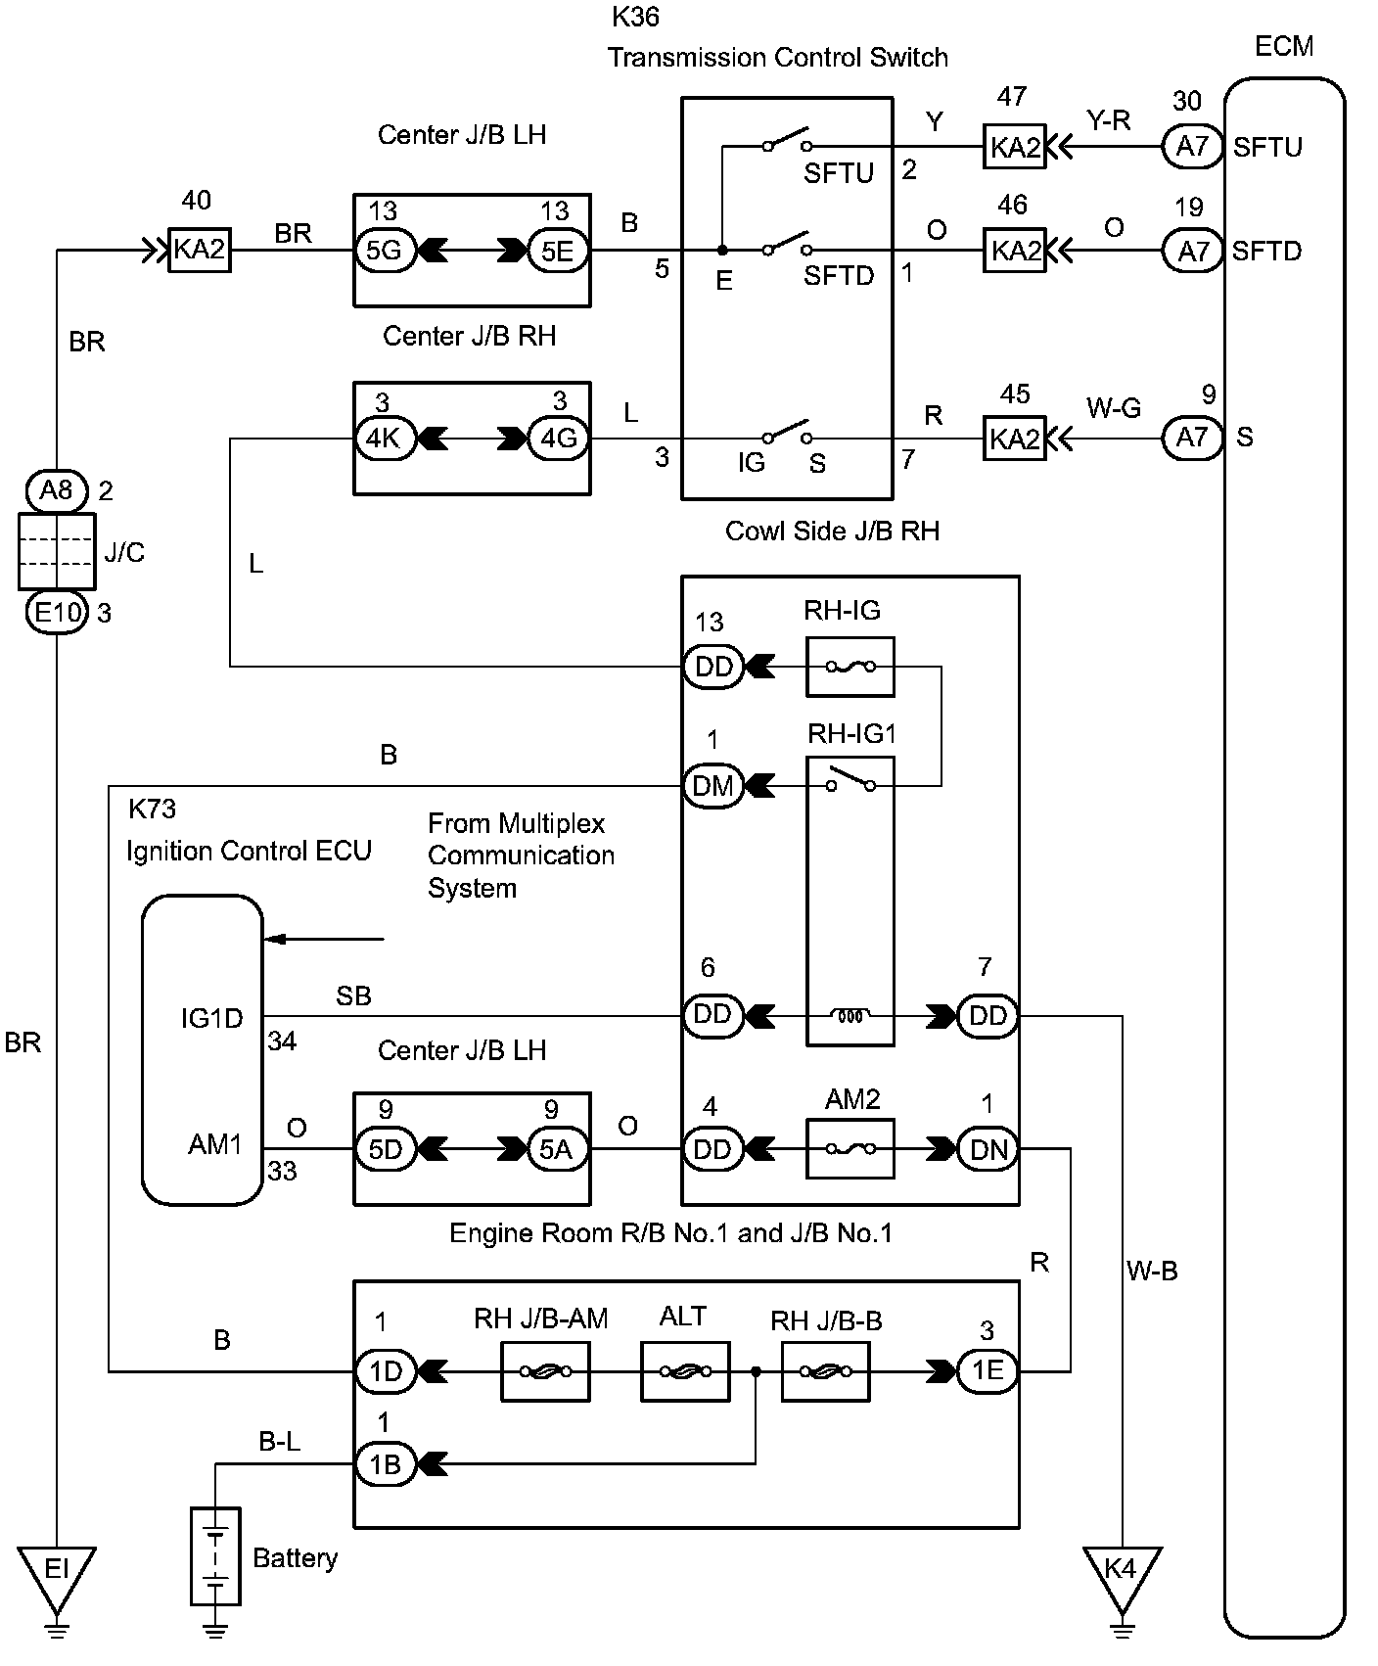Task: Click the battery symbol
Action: [215, 1556]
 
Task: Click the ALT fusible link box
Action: [685, 1371]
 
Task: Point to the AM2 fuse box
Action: [850, 1149]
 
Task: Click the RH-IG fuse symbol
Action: [850, 667]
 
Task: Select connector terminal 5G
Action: [384, 252]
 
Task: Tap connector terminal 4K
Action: [384, 439]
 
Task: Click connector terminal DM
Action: [712, 785]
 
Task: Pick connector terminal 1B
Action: [384, 1464]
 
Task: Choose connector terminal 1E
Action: [987, 1371]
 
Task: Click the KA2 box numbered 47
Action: [1014, 147]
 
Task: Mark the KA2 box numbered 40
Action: [200, 250]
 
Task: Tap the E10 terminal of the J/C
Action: [57, 613]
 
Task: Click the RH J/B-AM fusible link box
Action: [545, 1371]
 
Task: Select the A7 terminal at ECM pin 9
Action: [1192, 437]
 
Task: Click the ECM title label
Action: [1283, 46]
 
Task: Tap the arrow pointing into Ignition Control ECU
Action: [324, 940]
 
